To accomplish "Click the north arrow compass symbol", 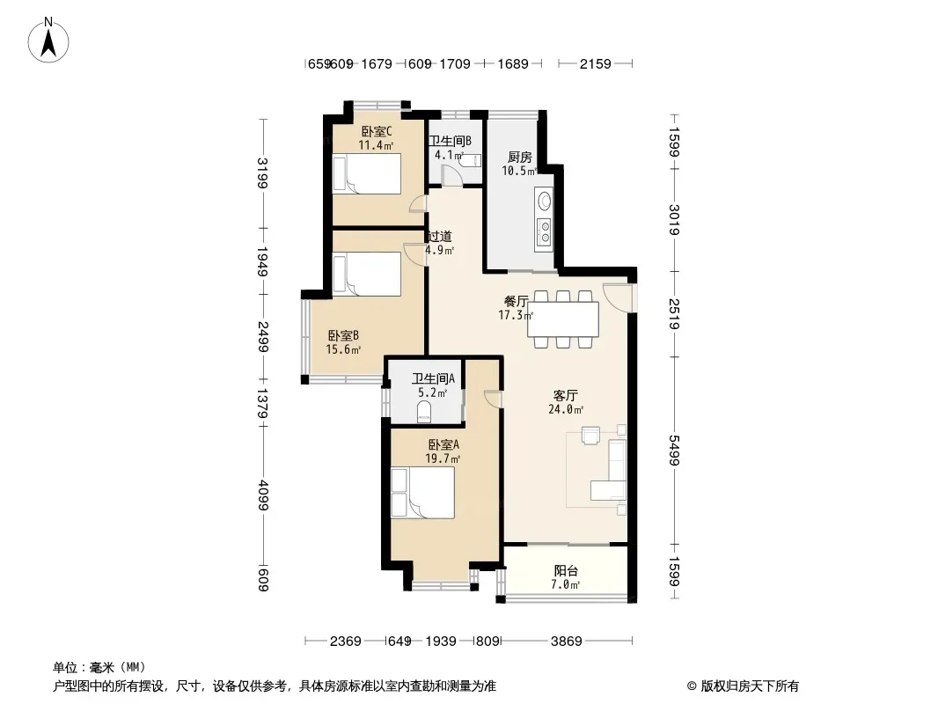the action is pos(48,40).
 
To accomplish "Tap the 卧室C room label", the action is pos(377,131).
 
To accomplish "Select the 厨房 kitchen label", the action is pos(519,158).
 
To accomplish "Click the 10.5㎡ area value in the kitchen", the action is pos(518,171).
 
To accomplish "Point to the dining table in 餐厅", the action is pos(563,319).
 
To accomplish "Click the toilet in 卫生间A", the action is pos(424,412).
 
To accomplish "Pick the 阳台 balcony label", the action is pos(566,570).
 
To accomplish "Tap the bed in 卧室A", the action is pos(423,492).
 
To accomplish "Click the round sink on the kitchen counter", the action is pos(545,201).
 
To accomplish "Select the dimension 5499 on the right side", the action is pos(674,451).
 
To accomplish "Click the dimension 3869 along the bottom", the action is pos(566,642).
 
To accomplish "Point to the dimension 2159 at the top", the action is pos(595,63).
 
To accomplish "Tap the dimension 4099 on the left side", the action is pos(262,495).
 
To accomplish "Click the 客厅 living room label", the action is pos(565,395).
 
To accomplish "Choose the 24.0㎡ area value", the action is pos(565,410).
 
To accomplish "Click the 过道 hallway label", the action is pos(440,236).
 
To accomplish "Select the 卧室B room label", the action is pos(343,335).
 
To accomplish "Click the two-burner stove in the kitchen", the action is pos(545,232).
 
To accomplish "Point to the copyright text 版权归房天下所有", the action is pos(750,686).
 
